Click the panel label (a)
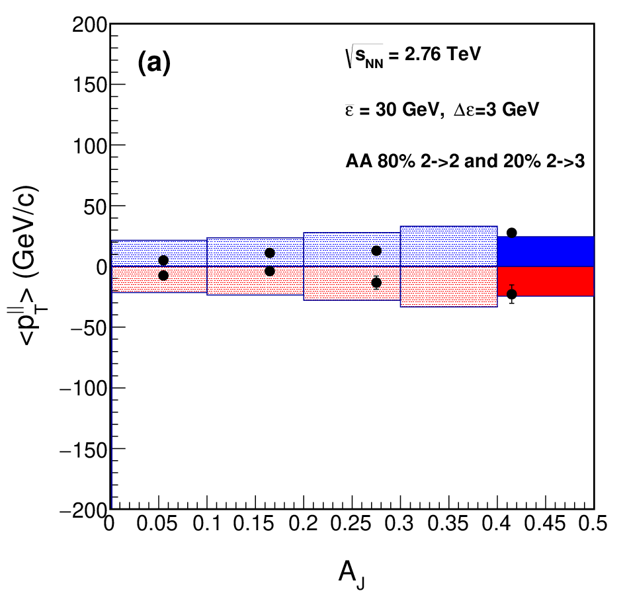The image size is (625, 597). click(x=154, y=63)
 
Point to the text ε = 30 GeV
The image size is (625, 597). click(x=392, y=109)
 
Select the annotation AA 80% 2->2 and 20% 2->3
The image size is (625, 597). click(x=465, y=161)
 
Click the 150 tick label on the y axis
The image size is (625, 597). click(x=90, y=85)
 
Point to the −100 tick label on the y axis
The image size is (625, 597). click(x=83, y=388)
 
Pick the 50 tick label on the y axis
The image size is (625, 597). click(x=96, y=206)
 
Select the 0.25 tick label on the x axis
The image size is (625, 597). click(x=351, y=524)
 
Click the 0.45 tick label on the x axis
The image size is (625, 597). click(x=544, y=524)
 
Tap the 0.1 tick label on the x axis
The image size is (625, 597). click(x=206, y=524)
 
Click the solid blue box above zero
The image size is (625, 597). click(x=546, y=251)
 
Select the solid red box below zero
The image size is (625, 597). click(x=546, y=282)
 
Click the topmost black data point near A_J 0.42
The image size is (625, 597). click(x=511, y=233)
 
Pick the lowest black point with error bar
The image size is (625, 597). click(x=511, y=294)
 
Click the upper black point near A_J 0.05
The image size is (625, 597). click(x=163, y=260)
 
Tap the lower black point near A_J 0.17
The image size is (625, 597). click(x=270, y=272)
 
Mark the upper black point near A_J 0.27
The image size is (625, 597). click(x=376, y=251)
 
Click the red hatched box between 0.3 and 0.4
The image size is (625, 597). click(x=449, y=286)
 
